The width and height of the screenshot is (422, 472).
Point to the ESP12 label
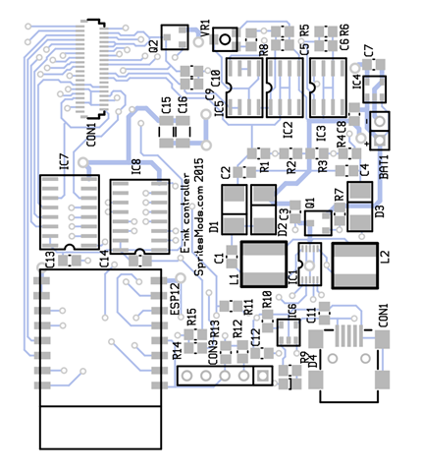click(175, 300)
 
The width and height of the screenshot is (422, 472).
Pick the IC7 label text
click(62, 161)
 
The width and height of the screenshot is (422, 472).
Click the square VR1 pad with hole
click(227, 40)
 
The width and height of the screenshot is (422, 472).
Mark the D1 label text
click(214, 228)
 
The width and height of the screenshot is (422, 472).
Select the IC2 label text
click(288, 129)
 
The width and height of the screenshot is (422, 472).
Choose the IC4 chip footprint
click(373, 88)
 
